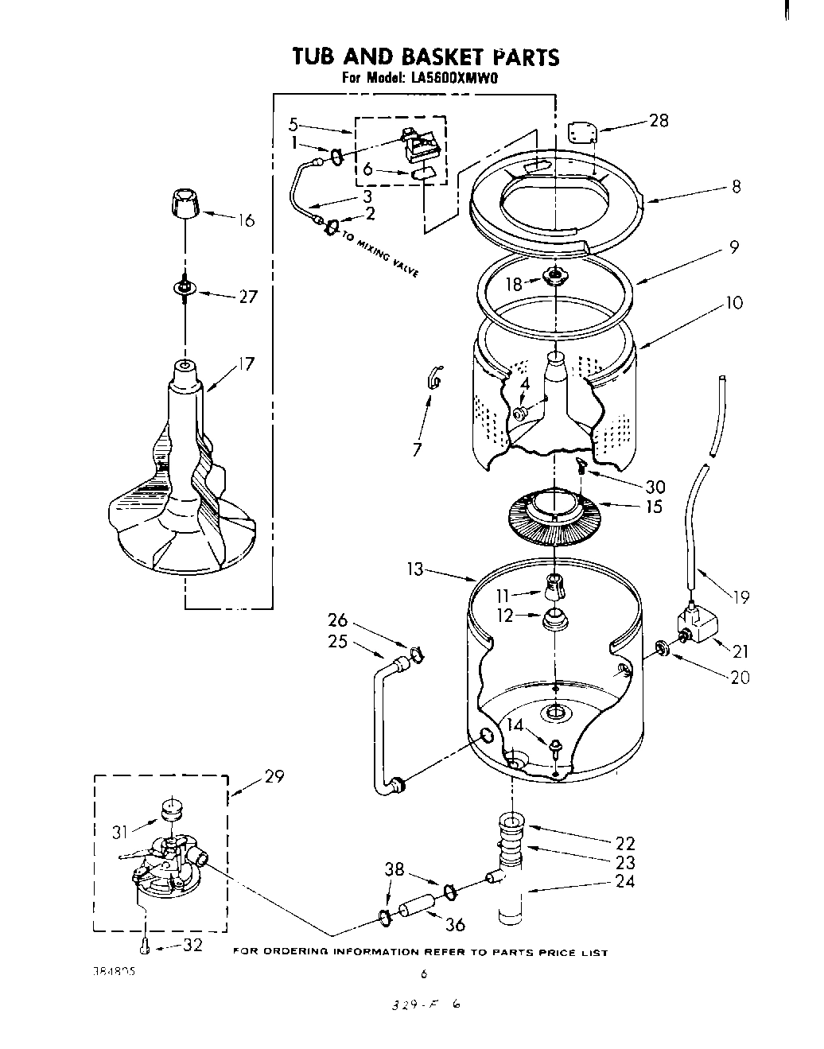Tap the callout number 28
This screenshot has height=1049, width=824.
(659, 121)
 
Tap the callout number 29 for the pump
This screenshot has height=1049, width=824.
(274, 776)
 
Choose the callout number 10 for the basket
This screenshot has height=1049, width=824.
(733, 302)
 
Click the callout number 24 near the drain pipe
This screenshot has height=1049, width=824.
(625, 881)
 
